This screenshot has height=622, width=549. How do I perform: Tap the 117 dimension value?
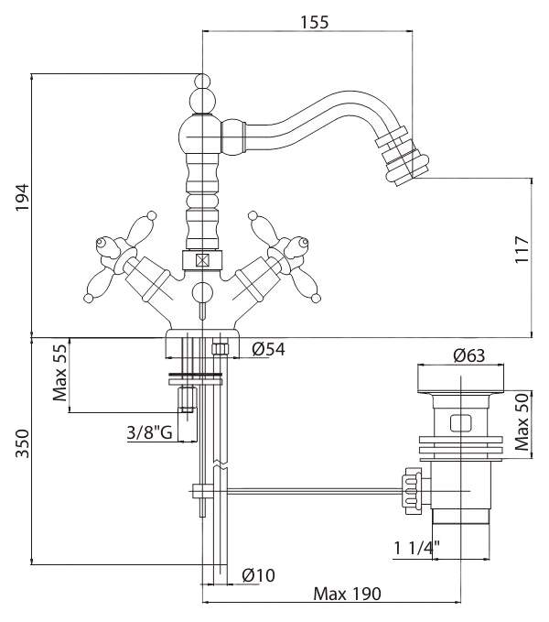pos(522,249)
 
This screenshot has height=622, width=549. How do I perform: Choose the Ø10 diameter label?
pos(260,575)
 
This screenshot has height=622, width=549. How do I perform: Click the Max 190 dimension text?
pos(347,594)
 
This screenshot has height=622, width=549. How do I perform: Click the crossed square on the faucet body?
pos(203,259)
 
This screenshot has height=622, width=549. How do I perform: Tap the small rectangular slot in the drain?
pos(459,423)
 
